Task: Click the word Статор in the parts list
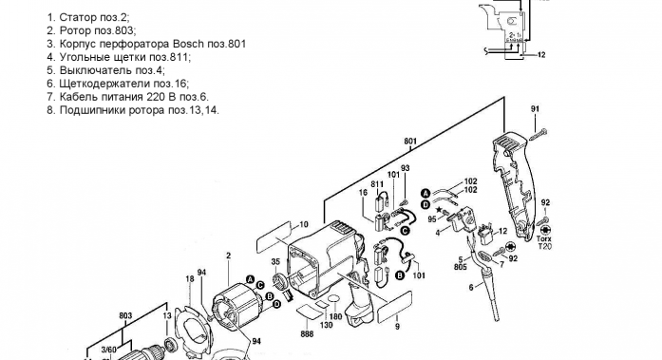coord(78,17)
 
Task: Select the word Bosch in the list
coord(188,44)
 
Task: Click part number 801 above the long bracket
coord(410,142)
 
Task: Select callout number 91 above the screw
coord(536,109)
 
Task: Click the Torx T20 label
coord(544,242)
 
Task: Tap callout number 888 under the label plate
coord(307,333)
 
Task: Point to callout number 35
coord(275,261)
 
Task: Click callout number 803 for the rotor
coord(125,315)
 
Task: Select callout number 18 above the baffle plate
coord(190,279)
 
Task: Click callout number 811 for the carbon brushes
coord(377,184)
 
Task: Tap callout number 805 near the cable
coord(461,267)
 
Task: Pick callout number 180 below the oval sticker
coord(335,316)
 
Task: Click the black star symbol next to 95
coord(439,209)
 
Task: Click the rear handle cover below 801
coord(514,185)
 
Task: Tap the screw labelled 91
coord(537,134)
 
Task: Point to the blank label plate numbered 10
coord(274,237)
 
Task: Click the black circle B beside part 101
coord(400,276)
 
